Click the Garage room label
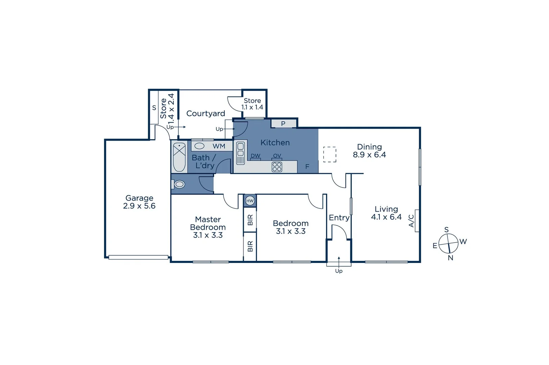[x=139, y=198]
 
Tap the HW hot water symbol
[x=250, y=201]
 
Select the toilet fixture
[x=178, y=184]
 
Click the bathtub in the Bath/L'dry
[x=179, y=157]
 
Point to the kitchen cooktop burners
[x=277, y=167]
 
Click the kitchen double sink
[x=240, y=153]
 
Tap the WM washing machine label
[x=219, y=146]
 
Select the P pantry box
[x=283, y=124]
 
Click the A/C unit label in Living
[x=411, y=221]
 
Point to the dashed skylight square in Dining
[x=330, y=154]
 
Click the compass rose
[x=448, y=243]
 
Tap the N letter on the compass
[x=450, y=258]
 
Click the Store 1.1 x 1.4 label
[x=252, y=104]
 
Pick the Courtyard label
[x=206, y=114]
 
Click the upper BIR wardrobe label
[x=250, y=220]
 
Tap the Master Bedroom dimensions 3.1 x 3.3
[x=208, y=235]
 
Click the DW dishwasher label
[x=256, y=156]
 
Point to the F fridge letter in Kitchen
[x=307, y=167]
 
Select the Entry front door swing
[x=339, y=233]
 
